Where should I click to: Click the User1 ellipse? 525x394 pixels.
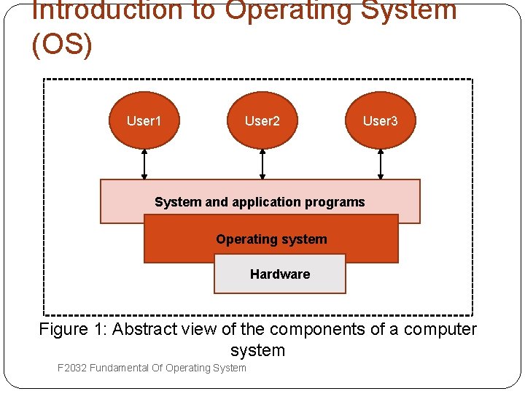point(144,120)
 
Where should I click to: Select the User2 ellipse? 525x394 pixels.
point(262,120)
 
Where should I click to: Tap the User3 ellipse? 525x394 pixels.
point(380,120)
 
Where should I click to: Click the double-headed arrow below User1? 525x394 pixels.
point(144,164)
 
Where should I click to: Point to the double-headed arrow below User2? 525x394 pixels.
point(262,164)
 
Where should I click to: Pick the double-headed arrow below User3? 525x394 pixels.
point(381,164)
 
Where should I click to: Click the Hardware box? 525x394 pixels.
point(279,274)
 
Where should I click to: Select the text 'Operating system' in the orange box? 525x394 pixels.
point(271,239)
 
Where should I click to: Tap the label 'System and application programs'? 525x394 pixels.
point(260,202)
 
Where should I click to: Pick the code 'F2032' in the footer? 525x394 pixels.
point(72,368)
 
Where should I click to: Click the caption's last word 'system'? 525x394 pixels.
point(257,350)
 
